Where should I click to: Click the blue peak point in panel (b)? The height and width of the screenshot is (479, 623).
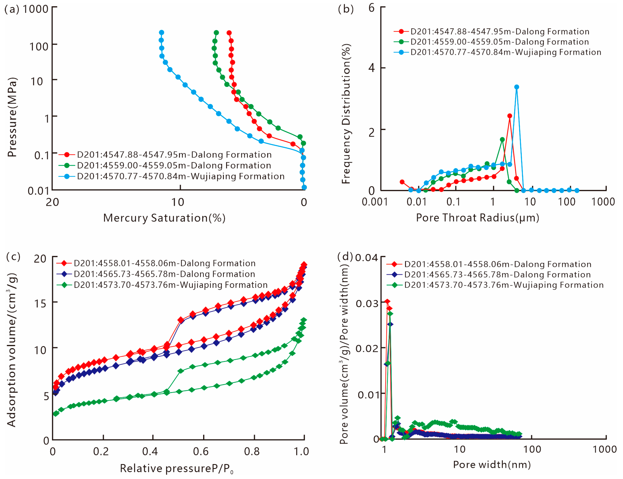tap(516, 87)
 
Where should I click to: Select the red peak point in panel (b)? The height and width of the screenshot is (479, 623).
tap(509, 116)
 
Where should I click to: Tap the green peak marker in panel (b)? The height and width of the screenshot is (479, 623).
tap(502, 139)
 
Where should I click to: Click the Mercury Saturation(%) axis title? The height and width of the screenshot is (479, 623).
tap(164, 218)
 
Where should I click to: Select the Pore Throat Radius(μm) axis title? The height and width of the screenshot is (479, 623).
tap(477, 218)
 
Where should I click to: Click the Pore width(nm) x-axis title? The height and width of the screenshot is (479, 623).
tap(492, 465)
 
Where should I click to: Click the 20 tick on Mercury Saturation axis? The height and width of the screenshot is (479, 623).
tap(52, 202)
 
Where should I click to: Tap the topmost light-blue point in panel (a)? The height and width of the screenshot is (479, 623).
tap(161, 32)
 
